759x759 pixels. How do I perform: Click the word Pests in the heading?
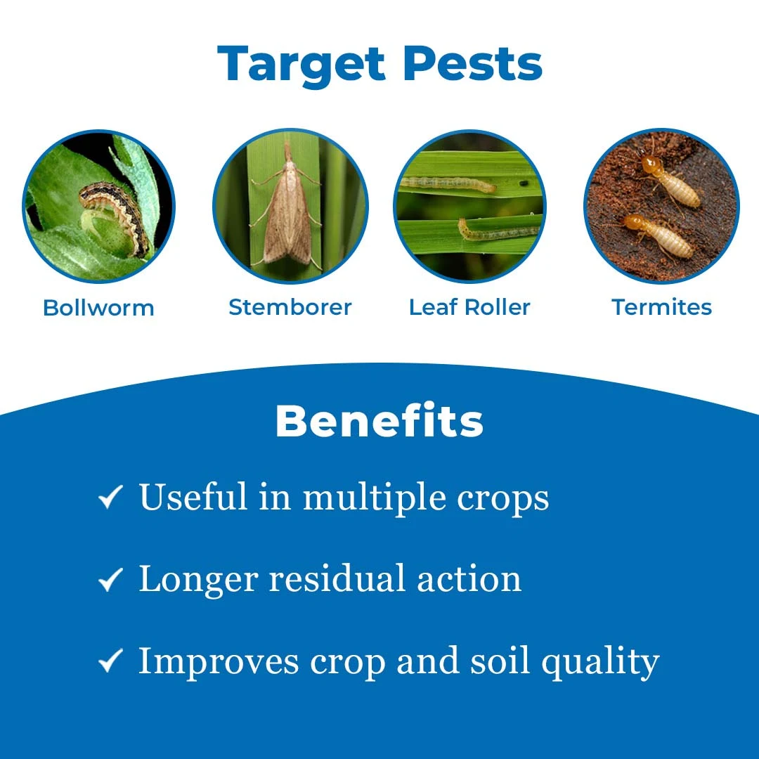point(473,63)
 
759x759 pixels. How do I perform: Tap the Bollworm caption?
point(99,308)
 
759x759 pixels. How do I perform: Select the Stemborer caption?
point(290,307)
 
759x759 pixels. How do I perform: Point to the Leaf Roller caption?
point(469,307)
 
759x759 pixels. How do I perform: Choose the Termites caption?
point(662,307)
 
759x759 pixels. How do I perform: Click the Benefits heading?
point(379,421)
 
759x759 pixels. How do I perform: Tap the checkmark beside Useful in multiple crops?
point(110,497)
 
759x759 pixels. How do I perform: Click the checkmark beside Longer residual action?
point(110,579)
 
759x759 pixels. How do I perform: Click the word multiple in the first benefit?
point(374,498)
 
